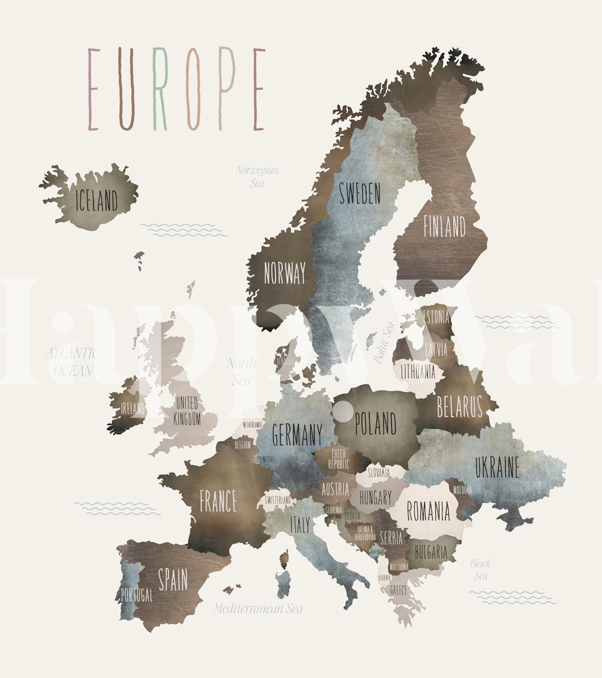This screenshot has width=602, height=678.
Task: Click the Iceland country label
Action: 97,201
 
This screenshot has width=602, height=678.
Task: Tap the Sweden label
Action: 360,193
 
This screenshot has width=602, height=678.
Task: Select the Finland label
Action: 444,226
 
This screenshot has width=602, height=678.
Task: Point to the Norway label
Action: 285,274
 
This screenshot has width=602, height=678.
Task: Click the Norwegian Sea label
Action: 257,177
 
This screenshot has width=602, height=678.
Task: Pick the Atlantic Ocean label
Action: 73,362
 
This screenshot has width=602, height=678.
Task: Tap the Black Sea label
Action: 480,569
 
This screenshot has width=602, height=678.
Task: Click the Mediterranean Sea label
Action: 258,609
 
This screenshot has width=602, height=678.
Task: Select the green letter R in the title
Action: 160,89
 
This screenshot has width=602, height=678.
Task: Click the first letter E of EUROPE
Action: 94,89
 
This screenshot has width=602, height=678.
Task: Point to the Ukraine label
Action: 497,468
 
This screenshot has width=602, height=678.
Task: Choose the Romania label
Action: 428,512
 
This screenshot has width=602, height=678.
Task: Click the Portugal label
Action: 137,595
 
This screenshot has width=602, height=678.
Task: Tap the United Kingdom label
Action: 187,410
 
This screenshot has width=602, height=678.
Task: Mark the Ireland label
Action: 132,408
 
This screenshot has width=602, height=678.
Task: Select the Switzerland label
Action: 277,500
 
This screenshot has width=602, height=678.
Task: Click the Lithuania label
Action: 418,372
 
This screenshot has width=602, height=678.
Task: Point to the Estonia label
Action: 436,318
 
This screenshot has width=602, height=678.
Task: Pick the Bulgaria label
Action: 431,552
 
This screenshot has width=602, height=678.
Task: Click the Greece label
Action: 398,589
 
